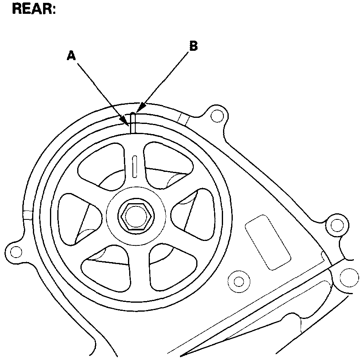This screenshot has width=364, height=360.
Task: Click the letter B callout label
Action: [x=194, y=46]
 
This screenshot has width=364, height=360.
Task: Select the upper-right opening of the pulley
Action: [x=167, y=163]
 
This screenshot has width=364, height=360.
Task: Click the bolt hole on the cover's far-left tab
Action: [x=16, y=252]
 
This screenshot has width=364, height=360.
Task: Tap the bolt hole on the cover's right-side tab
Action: [x=336, y=225]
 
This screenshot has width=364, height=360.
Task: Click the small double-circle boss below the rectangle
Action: [x=239, y=281]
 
